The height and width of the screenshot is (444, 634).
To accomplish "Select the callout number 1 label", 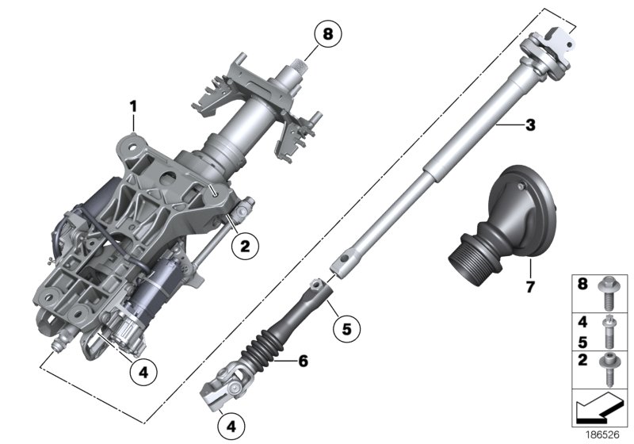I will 134,105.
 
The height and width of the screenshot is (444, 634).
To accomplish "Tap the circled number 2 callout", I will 245,247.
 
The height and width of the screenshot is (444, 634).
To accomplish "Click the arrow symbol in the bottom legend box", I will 601,411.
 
